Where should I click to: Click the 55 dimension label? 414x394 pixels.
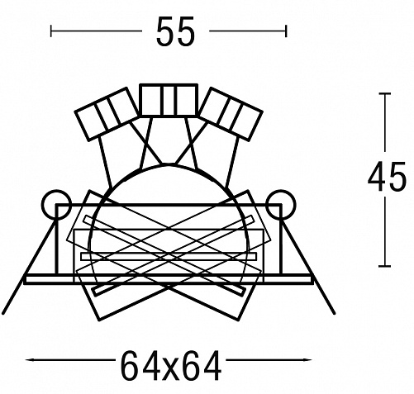coord(175,31)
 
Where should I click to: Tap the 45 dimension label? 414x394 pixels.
coord(387,177)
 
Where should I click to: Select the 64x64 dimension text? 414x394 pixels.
coord(171,366)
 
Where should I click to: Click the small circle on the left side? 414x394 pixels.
coord(56,204)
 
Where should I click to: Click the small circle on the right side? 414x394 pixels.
coord(281,204)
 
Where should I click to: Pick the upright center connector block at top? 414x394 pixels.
coord(169,100)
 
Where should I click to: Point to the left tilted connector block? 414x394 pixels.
coord(107,114)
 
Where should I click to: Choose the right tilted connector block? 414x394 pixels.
coord(231,114)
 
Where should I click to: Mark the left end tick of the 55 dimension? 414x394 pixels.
coord(51,31)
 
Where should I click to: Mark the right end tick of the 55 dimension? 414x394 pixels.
coord(287,31)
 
